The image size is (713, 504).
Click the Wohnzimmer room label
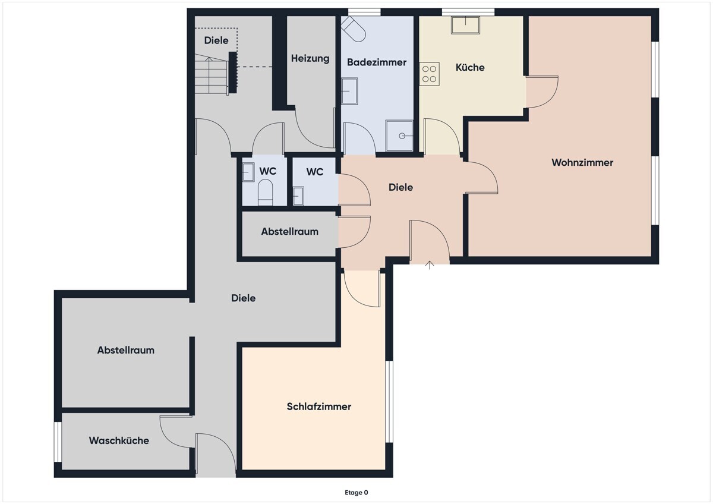pos(582,162)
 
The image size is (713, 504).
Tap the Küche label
pos(470,67)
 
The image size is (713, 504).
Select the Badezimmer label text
pos(377,62)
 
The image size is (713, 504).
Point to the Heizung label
pos(310,59)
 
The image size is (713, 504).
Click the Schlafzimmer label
pos(319,407)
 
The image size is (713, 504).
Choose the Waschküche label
pos(119,440)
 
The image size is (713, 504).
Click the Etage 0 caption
pos(356,493)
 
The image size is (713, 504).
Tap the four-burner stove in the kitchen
pos(430,74)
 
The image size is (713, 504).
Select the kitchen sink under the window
pos(465,25)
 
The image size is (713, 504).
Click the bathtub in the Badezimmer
pos(354,29)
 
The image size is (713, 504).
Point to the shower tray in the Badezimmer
pos(399,136)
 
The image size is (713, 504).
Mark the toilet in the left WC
pos(265,193)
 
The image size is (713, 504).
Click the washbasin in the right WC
pos(298,196)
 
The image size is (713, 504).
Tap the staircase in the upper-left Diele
pos(211,74)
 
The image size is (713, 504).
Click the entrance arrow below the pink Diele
pos(430,265)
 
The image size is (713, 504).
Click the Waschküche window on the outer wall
pos(58,442)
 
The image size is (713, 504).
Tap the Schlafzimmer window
pos(389,402)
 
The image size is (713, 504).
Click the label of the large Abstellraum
pos(126,350)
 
